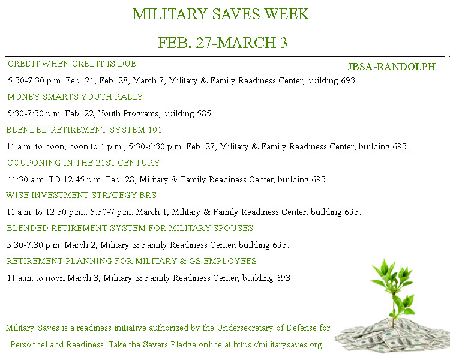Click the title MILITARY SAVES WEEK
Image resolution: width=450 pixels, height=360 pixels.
(220, 14)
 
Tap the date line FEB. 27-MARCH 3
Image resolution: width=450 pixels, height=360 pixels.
(223, 43)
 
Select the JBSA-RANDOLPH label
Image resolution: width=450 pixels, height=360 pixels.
(391, 67)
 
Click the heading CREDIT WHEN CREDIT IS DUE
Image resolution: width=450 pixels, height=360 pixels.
(72, 64)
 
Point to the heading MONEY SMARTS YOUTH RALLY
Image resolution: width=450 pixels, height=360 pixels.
(75, 97)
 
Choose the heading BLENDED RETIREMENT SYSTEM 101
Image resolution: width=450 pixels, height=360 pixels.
(84, 130)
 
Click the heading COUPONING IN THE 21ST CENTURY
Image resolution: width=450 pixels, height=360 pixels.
(83, 163)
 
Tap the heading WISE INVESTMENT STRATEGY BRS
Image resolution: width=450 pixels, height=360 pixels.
(81, 195)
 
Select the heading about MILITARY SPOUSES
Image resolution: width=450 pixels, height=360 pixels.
(130, 228)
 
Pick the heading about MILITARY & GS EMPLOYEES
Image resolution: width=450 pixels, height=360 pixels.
(131, 261)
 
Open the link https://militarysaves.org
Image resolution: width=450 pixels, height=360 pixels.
(278, 345)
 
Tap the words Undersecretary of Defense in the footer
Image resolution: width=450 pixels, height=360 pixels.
(248, 328)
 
